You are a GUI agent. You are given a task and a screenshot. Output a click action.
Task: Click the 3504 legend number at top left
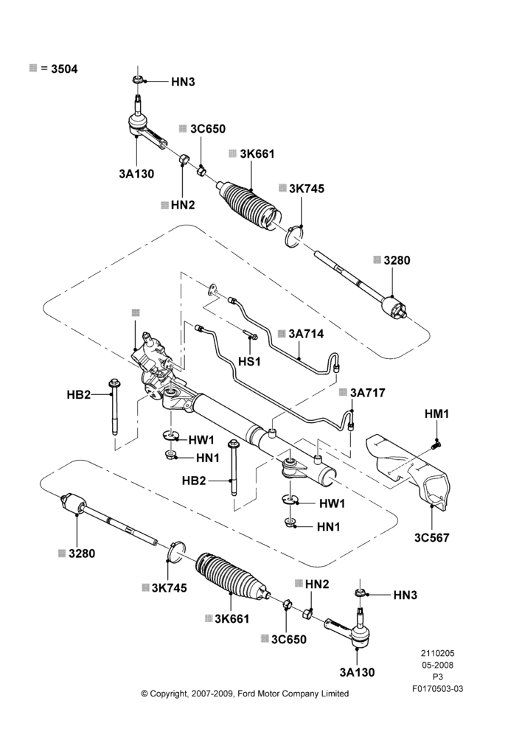(x=64, y=69)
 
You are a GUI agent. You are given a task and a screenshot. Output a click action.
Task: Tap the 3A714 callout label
(x=306, y=334)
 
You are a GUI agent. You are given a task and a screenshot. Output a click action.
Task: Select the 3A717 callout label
(x=367, y=393)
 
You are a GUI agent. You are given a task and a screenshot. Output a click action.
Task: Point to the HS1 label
(x=249, y=361)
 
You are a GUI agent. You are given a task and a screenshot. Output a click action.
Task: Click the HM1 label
(x=437, y=413)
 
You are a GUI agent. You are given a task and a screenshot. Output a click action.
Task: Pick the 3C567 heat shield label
(x=432, y=537)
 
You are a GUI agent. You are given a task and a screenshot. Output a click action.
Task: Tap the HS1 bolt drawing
(x=251, y=335)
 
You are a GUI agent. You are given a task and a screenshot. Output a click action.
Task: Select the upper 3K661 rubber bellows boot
(x=249, y=206)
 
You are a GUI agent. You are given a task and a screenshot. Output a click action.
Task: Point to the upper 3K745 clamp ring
(x=294, y=236)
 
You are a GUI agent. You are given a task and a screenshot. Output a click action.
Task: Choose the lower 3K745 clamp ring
(x=176, y=552)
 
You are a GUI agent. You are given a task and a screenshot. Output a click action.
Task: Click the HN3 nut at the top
(x=137, y=80)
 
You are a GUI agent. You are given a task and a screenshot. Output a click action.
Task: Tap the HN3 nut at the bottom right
(x=359, y=593)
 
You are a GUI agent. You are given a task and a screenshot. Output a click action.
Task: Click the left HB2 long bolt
(x=114, y=407)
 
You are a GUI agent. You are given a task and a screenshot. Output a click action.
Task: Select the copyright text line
(x=245, y=694)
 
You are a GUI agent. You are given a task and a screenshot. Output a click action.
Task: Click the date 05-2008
(x=437, y=665)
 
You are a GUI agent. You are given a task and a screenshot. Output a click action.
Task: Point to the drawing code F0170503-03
(x=437, y=688)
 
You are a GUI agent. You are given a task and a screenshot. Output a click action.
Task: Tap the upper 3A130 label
(x=136, y=174)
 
